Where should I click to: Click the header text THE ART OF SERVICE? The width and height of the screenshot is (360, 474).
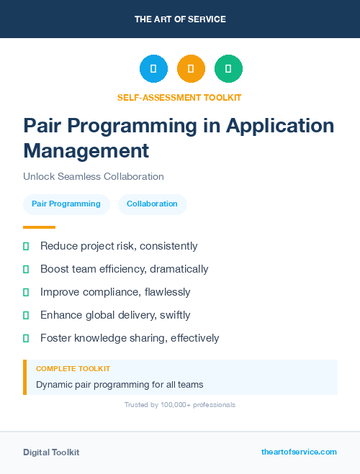pyautogui.click(x=180, y=19)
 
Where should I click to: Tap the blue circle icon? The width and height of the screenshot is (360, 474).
pyautogui.click(x=153, y=69)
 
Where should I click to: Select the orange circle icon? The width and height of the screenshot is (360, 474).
pyautogui.click(x=191, y=69)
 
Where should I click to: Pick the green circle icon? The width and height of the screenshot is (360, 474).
pyautogui.click(x=228, y=69)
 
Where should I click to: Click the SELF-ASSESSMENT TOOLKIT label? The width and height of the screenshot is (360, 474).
pyautogui.click(x=179, y=97)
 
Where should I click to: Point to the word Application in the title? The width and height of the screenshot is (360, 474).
pyautogui.click(x=280, y=125)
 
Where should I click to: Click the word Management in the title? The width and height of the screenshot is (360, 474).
pyautogui.click(x=86, y=150)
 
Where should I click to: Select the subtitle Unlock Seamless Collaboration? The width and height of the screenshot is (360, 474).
pyautogui.click(x=94, y=176)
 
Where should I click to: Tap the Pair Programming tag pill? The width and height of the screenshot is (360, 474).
pyautogui.click(x=66, y=204)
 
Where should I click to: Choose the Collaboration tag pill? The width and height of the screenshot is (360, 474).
pyautogui.click(x=152, y=204)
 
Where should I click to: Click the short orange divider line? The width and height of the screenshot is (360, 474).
pyautogui.click(x=40, y=227)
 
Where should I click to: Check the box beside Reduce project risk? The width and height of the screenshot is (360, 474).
pyautogui.click(x=26, y=246)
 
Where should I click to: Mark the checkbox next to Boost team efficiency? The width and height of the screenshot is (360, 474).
pyautogui.click(x=26, y=269)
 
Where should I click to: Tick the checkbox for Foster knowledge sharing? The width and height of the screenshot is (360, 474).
pyautogui.click(x=26, y=338)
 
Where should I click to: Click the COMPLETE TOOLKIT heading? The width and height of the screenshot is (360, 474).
pyautogui.click(x=73, y=368)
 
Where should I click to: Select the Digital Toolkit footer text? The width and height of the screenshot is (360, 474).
pyautogui.click(x=51, y=452)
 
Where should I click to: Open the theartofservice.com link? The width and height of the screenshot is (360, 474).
pyautogui.click(x=299, y=452)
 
